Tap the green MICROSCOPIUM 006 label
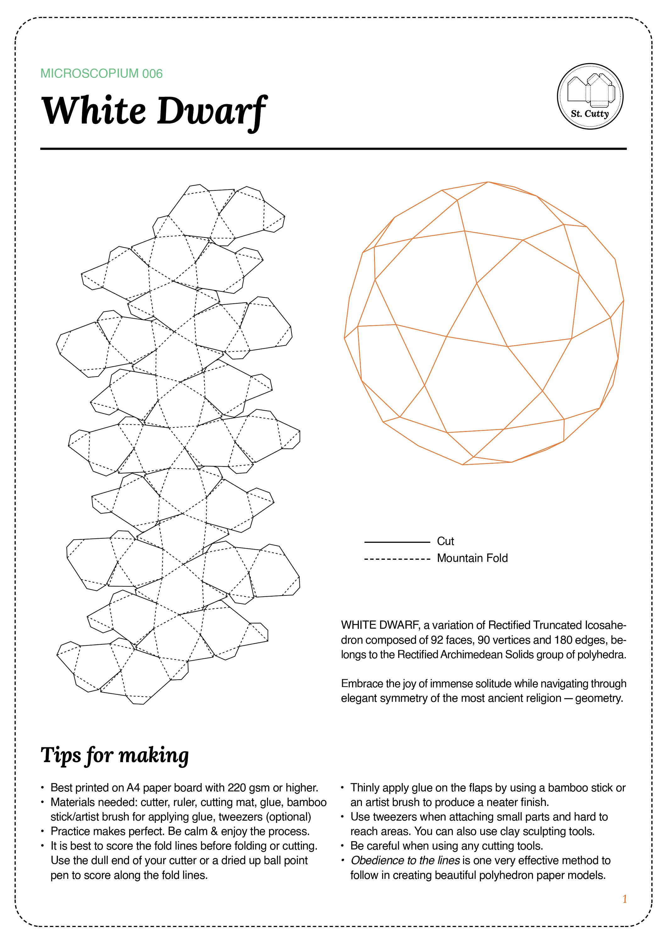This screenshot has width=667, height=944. tap(102, 74)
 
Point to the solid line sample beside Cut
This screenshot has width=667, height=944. tap(397, 542)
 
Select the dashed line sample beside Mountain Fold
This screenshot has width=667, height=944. tap(397, 559)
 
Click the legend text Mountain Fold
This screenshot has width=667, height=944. tap(472, 558)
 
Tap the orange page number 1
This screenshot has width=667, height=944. tap(625, 900)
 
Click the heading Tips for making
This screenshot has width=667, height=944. tap(115, 755)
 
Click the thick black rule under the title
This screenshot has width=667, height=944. tap(333, 149)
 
